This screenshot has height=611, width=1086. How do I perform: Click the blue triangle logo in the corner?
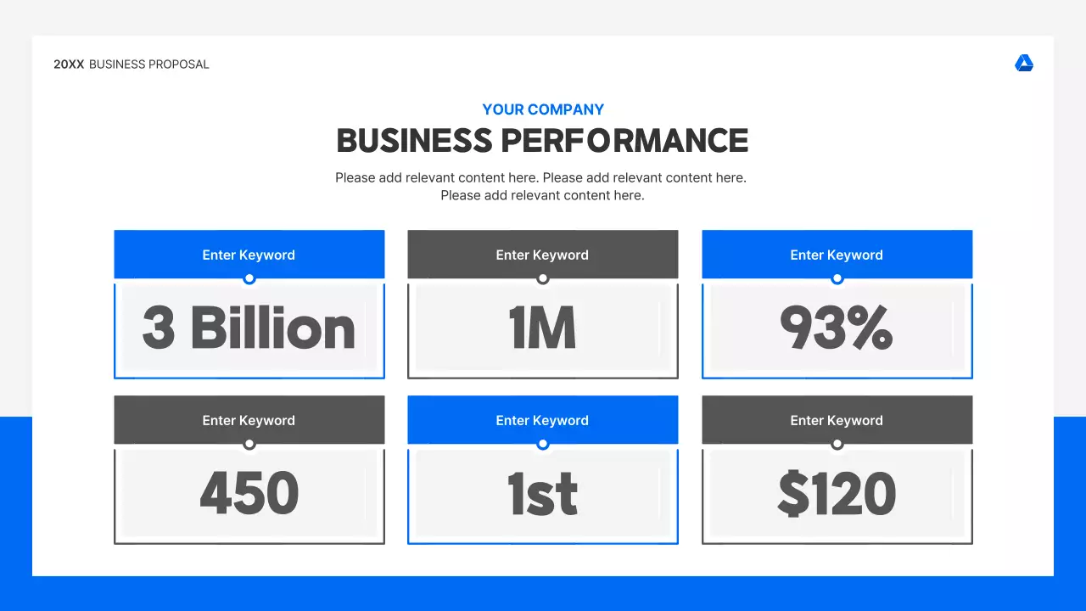click(x=1024, y=64)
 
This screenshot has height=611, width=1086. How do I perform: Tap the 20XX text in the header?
click(x=69, y=64)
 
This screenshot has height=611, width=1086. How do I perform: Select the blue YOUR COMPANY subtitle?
click(x=543, y=109)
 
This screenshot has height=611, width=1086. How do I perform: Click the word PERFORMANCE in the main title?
click(x=624, y=141)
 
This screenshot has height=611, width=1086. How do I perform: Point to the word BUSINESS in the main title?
click(x=414, y=141)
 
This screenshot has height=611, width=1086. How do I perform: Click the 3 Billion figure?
click(x=249, y=328)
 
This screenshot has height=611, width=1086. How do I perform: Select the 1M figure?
click(x=543, y=328)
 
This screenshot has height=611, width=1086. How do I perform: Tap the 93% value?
click(x=837, y=328)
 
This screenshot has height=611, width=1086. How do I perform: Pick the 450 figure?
click(x=249, y=494)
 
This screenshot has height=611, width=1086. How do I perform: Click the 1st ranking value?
click(x=543, y=494)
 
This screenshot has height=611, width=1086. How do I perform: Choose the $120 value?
click(x=837, y=494)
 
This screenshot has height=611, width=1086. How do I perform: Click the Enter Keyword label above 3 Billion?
click(x=249, y=255)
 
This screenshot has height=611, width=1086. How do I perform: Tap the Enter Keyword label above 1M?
click(x=542, y=255)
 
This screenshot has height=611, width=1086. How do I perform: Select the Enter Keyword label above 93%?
click(x=837, y=255)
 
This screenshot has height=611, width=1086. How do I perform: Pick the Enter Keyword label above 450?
click(x=249, y=420)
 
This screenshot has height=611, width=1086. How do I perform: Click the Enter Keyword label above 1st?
click(x=542, y=420)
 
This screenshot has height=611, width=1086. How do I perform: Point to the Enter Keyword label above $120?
click(x=837, y=420)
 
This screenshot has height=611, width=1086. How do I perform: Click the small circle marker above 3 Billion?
click(x=249, y=278)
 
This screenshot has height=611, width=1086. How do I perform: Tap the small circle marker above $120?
click(x=837, y=444)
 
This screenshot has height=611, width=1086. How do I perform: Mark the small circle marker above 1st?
click(x=543, y=444)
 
